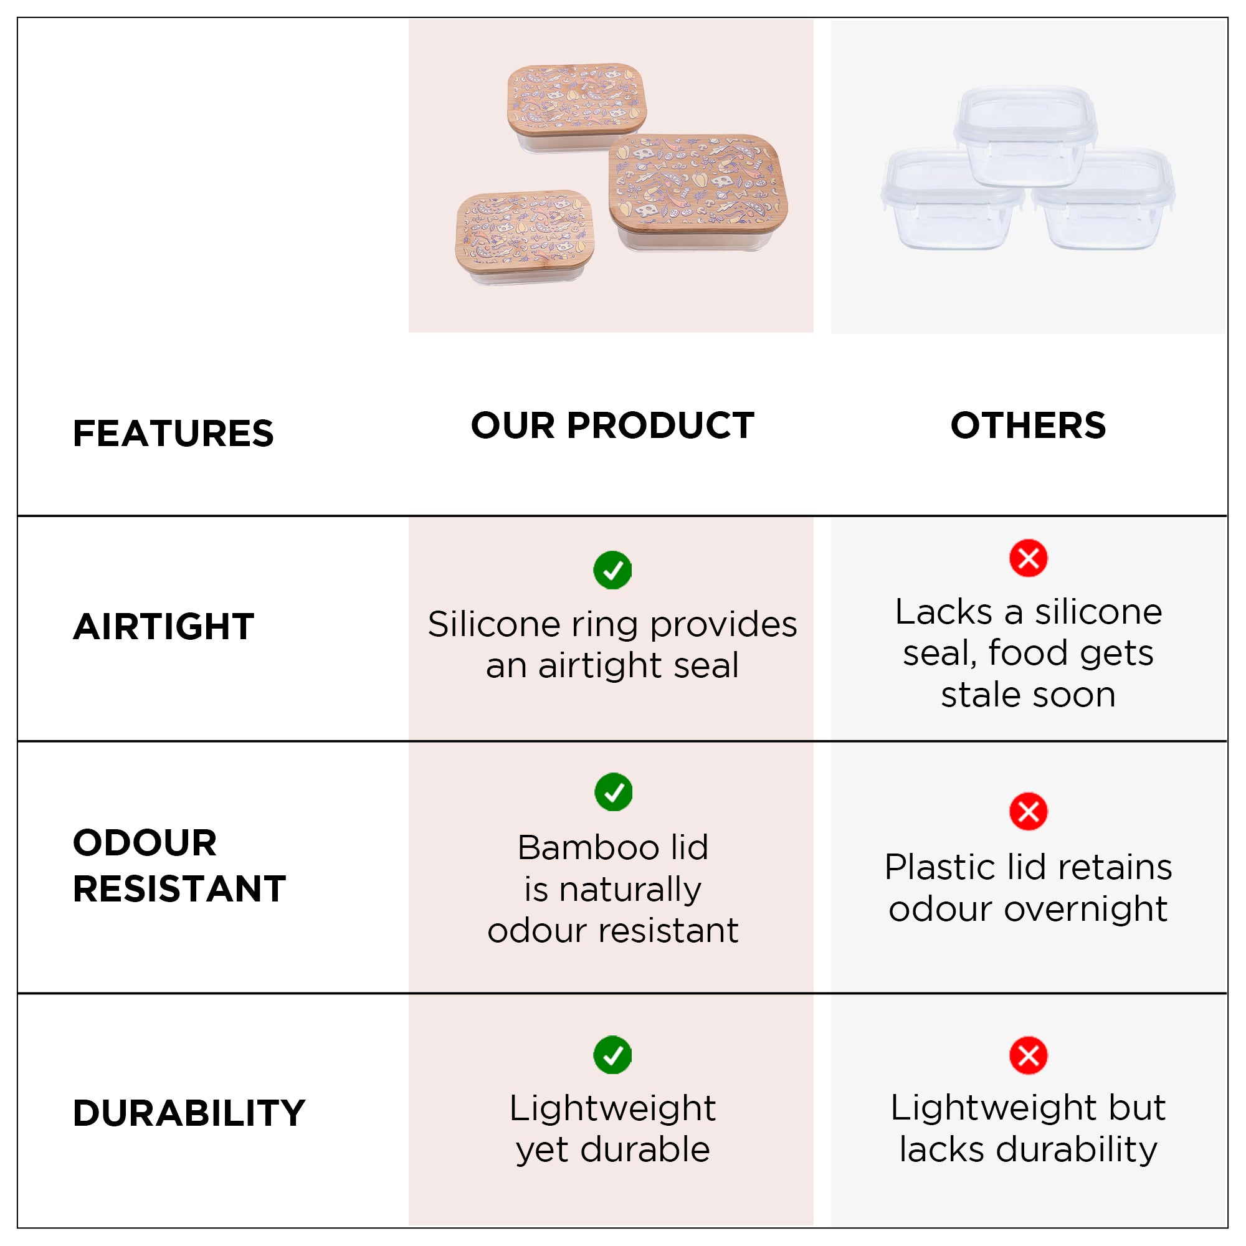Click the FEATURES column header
173,433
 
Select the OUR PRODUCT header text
612,426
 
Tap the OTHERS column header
1028,426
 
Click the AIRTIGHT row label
164,626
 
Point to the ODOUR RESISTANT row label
179,865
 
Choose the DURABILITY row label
189,1113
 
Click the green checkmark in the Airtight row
612,570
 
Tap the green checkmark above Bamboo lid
613,792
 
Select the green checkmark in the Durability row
612,1056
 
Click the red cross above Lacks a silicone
1028,558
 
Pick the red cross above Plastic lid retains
1028,811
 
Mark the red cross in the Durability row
1028,1056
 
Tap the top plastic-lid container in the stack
1025,135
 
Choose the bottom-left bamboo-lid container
525,237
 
